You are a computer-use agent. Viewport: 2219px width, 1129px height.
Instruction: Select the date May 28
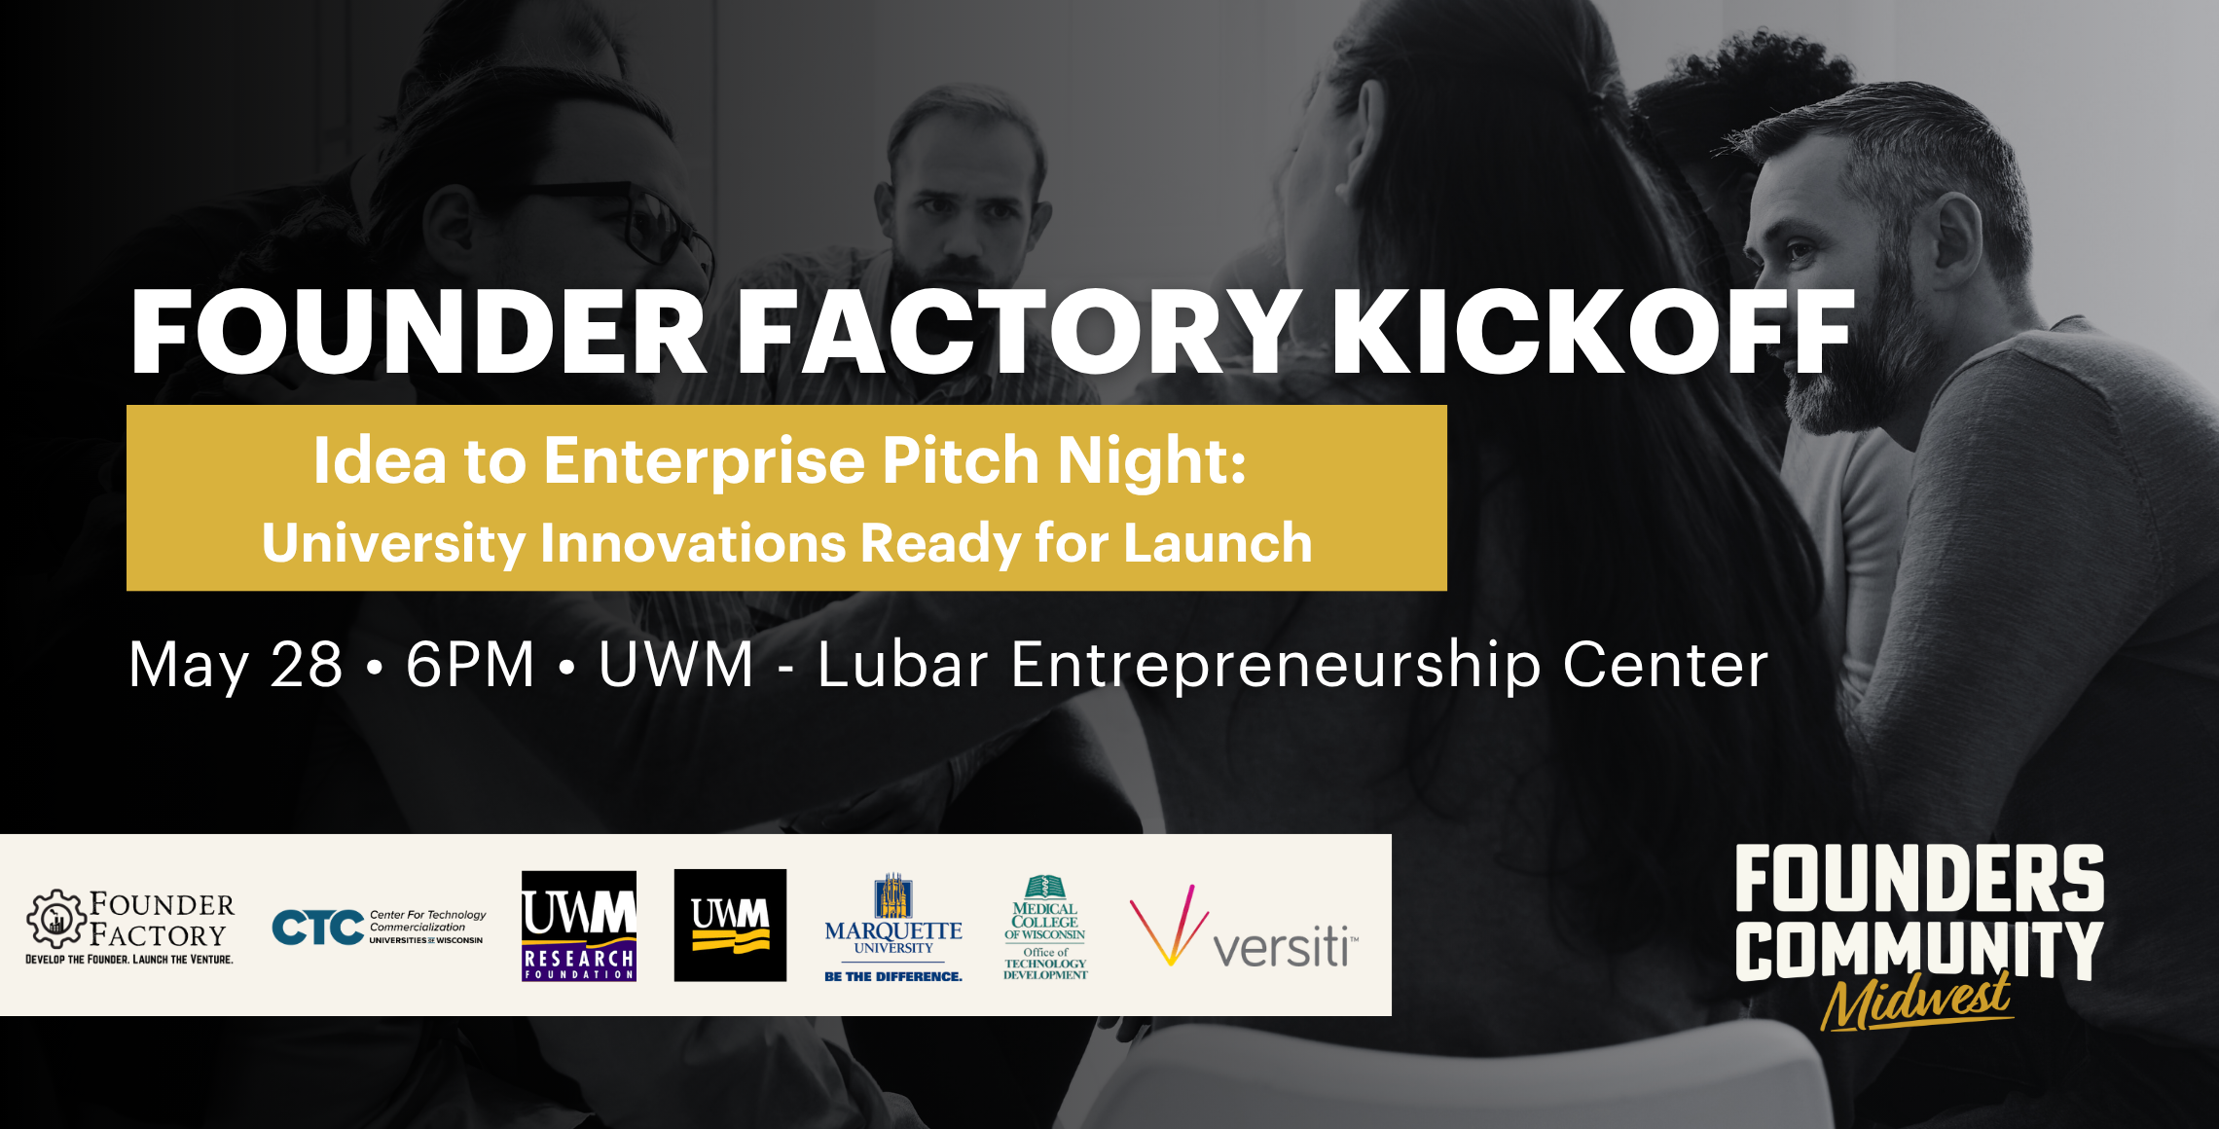pos(236,665)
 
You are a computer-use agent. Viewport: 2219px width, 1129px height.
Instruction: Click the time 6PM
pos(470,665)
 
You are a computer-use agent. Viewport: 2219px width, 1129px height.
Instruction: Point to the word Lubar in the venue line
pos(902,665)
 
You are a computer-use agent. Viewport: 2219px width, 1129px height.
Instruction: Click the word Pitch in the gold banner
pos(961,460)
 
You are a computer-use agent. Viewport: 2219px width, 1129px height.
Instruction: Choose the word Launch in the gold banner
pos(1218,543)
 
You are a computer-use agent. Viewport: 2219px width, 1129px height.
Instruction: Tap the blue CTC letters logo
pos(317,928)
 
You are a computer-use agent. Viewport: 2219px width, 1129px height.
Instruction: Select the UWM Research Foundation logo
pos(579,926)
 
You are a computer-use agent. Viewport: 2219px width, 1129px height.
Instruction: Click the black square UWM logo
pos(730,925)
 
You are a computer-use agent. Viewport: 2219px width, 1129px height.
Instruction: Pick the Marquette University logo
pos(893,920)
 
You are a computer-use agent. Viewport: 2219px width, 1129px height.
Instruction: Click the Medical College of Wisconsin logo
pos(1045,927)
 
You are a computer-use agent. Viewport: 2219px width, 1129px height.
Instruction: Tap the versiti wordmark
pos(1284,947)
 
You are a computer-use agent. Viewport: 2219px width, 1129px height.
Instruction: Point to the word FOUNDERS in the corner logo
pos(1919,878)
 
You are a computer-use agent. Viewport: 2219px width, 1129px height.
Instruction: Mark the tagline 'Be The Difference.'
pos(893,976)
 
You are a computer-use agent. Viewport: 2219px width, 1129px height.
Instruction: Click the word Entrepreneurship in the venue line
pos(1276,665)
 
